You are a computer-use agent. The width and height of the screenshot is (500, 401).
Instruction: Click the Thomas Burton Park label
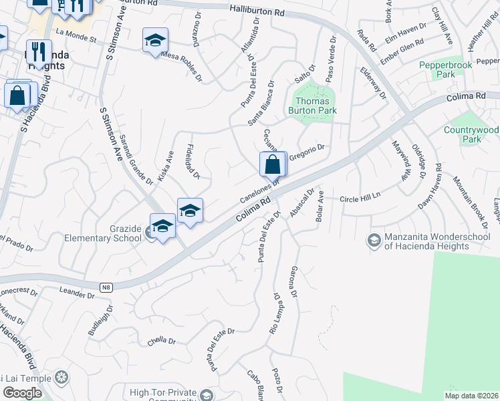311,106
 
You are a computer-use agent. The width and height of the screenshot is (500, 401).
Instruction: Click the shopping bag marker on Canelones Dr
273,164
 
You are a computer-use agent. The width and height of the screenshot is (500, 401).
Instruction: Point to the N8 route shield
106,287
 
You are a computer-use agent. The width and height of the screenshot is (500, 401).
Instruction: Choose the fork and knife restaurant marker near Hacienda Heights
39,52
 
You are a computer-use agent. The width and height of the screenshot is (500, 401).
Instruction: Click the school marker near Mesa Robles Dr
155,41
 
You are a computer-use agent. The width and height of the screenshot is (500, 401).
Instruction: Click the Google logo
22,393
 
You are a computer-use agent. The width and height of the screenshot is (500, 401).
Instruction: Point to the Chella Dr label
161,340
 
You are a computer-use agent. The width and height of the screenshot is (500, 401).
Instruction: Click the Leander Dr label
78,291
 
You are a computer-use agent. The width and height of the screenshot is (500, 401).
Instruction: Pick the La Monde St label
77,31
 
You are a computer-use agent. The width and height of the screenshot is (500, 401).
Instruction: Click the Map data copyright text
472,396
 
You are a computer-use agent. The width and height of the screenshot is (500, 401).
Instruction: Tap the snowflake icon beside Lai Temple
61,378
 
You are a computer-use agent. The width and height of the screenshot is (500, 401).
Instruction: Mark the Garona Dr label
293,281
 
